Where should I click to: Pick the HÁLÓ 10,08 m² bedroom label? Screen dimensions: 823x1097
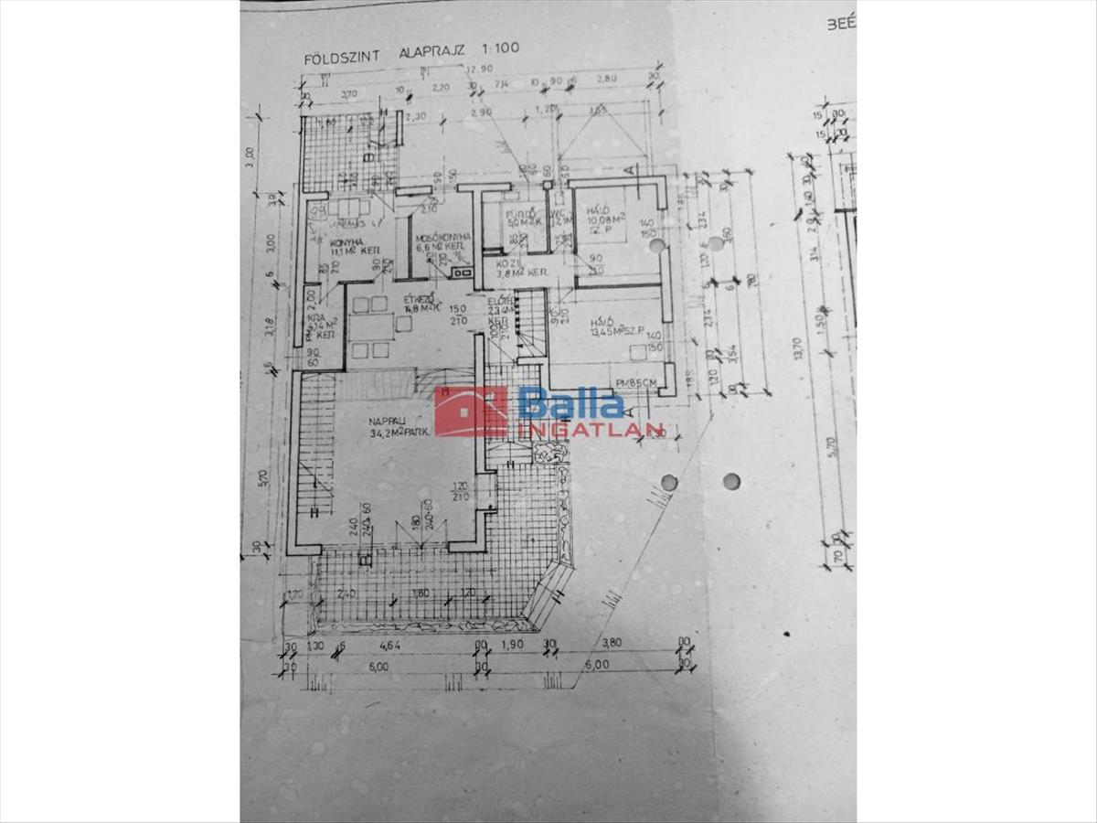pos(603,215)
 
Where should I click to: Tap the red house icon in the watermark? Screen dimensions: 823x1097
pos(471,411)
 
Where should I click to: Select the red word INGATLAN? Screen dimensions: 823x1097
pos(591,430)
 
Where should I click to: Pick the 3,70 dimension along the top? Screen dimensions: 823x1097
pos(348,93)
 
